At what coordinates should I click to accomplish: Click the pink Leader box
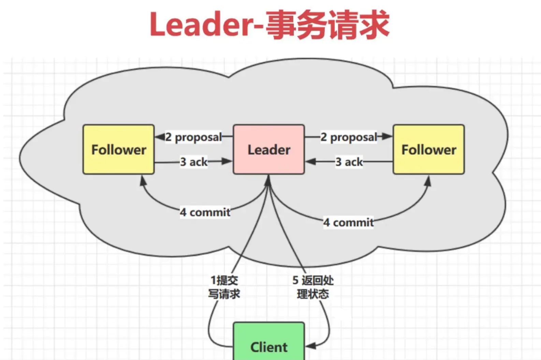tap(269, 150)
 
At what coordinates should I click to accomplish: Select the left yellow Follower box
tap(118, 150)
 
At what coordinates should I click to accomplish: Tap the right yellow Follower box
tap(428, 150)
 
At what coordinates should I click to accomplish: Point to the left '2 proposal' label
tap(193, 137)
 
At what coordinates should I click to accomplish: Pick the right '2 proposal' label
tap(349, 137)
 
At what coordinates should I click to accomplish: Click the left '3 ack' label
tap(193, 162)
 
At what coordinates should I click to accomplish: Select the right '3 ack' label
tap(349, 162)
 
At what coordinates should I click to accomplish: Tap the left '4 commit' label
tap(205, 212)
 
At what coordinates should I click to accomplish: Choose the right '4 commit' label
tap(348, 223)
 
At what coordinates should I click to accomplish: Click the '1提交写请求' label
tap(224, 287)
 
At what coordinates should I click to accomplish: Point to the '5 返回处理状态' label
tap(313, 287)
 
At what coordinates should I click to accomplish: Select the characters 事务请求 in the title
tap(327, 25)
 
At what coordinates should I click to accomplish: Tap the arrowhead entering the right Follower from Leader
tap(388, 137)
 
